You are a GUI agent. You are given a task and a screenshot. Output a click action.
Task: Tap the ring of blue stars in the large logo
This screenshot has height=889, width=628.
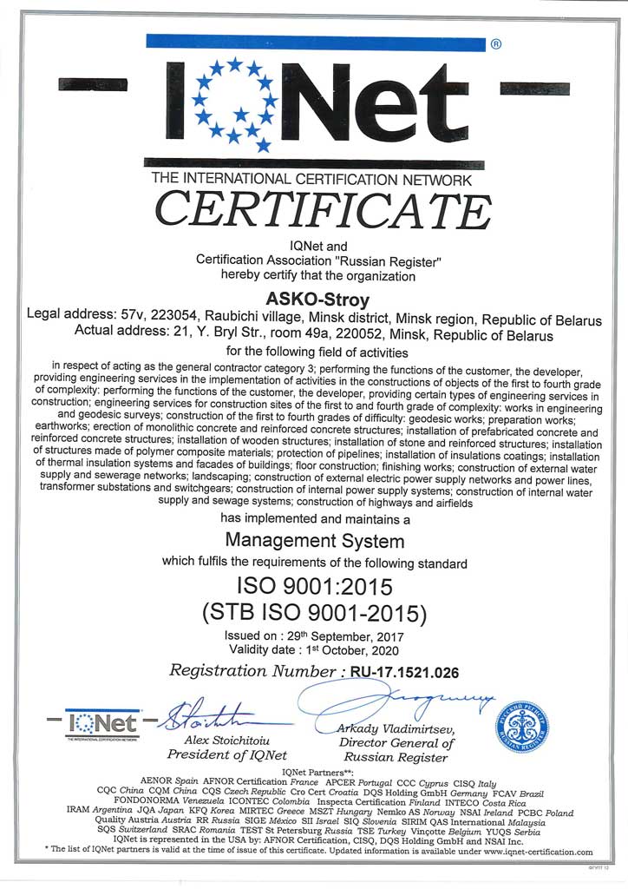coord(234,100)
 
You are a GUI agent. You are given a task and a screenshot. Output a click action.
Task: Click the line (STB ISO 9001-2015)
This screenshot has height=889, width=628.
coord(314,614)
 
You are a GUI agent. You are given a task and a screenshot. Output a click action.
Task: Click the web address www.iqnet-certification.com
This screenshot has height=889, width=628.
coord(532,853)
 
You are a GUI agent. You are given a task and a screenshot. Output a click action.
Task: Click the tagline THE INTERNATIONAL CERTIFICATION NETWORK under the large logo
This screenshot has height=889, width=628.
coord(311,181)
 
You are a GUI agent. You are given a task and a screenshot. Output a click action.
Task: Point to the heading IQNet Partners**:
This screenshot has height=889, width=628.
coord(314,772)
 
